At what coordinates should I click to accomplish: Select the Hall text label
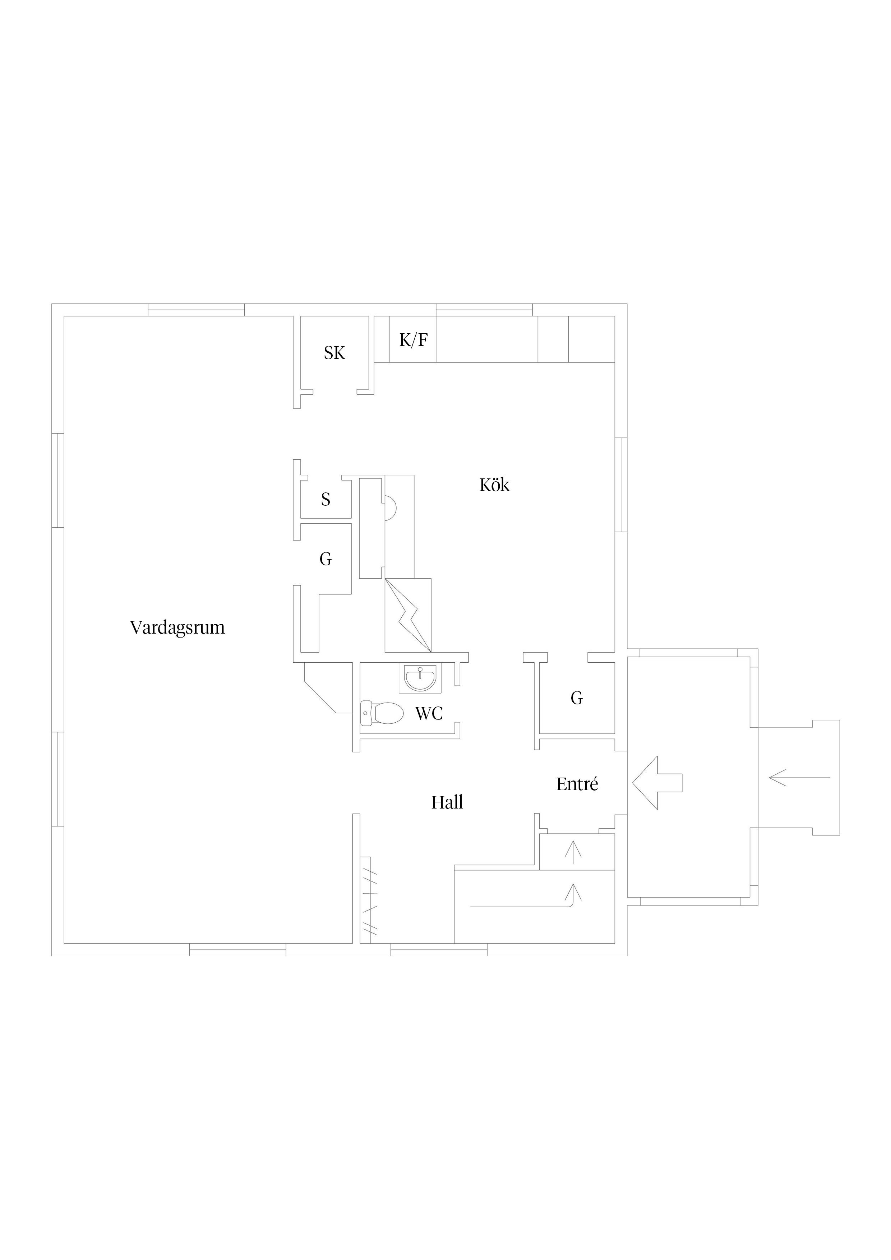447,803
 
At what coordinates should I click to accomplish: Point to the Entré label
577,784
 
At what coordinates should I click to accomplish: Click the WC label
429,713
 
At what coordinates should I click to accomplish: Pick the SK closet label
334,353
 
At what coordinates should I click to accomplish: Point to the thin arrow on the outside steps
800,778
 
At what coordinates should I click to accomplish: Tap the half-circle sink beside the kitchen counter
390,508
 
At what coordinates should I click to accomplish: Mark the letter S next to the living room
326,499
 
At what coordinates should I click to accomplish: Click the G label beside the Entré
576,698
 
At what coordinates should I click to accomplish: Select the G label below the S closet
326,559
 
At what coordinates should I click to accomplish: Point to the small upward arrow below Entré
573,852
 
